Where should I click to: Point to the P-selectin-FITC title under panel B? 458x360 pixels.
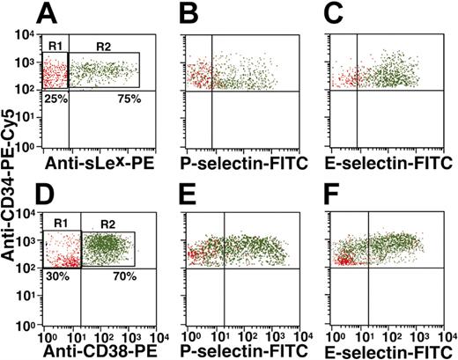click(242, 163)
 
